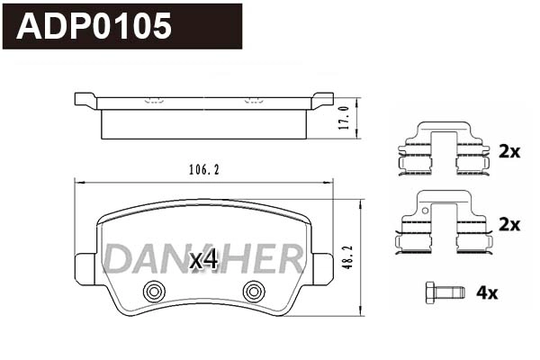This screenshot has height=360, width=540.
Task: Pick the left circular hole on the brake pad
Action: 154,291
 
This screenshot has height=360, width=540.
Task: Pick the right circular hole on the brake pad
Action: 254,291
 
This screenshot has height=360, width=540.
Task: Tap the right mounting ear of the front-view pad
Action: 322,269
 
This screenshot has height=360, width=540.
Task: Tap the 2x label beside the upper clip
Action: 508,152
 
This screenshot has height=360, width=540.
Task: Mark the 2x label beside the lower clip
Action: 508,225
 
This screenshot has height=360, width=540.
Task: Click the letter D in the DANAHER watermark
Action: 116,259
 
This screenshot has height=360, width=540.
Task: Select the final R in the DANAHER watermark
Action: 290,259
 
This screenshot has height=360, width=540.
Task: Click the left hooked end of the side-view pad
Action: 85,100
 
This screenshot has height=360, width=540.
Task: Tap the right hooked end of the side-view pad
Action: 321,100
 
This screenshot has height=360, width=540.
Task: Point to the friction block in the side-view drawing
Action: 203,124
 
